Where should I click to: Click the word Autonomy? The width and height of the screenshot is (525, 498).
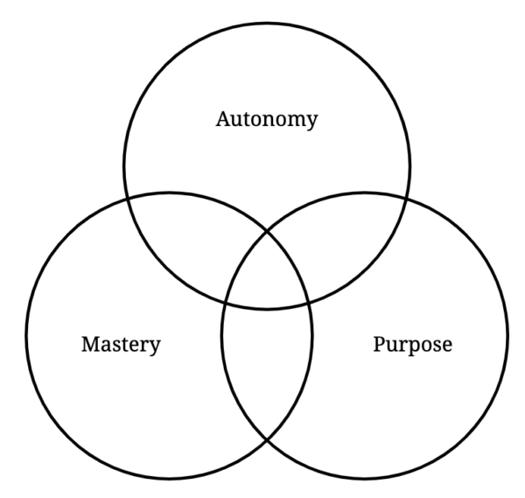point(266,120)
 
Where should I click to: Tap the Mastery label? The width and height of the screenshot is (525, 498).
point(121,344)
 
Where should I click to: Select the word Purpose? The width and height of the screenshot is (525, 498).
point(412,344)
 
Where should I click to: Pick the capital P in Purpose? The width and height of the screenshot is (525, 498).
point(379,343)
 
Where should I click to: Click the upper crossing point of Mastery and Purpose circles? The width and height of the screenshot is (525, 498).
point(267,229)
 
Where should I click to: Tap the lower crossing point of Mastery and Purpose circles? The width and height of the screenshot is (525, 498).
point(267,440)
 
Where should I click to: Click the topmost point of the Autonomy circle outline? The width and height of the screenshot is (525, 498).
point(267,23)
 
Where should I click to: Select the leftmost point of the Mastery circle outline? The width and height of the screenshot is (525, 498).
point(26,336)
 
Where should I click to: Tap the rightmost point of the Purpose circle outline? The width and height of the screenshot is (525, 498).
point(507,336)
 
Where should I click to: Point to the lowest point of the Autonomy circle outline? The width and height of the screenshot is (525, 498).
point(267,308)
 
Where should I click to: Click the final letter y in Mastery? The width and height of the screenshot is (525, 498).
point(156,347)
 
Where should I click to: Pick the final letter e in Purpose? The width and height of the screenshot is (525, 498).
point(447,345)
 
